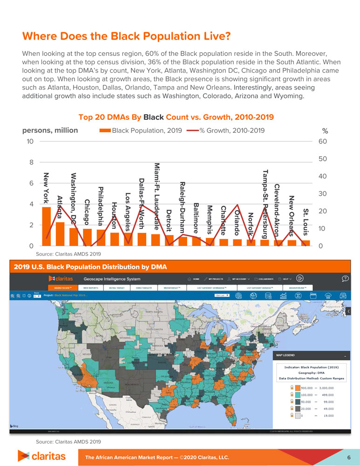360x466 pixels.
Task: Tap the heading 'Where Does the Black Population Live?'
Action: (127, 36)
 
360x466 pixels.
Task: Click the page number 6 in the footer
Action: (348, 457)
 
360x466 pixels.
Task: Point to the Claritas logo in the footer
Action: (41, 455)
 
